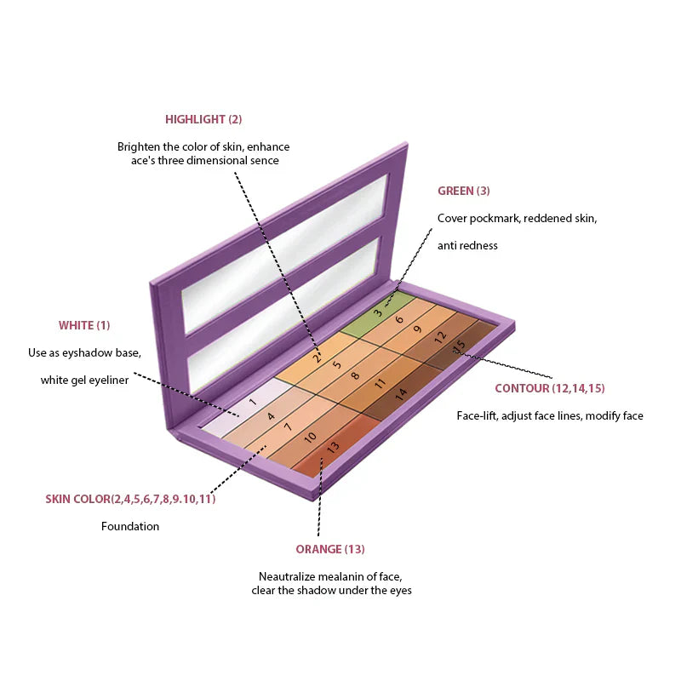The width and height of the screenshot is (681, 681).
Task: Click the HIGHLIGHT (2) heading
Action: [203, 120]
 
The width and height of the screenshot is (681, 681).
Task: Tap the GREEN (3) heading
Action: [463, 192]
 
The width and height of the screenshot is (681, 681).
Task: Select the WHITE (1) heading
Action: [84, 325]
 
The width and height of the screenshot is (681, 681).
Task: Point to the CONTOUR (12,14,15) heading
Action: [549, 389]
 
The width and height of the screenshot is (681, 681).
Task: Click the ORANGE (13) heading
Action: [330, 549]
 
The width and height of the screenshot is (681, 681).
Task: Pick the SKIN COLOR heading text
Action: [130, 499]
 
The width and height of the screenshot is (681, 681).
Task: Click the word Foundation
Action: [130, 526]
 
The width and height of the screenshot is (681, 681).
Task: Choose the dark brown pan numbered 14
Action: [399, 394]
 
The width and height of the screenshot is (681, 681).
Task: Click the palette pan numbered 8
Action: [356, 375]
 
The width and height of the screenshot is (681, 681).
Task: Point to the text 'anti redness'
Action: [467, 245]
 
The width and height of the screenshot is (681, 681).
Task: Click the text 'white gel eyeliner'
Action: [84, 380]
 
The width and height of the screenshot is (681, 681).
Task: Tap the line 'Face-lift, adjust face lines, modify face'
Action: [550, 416]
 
